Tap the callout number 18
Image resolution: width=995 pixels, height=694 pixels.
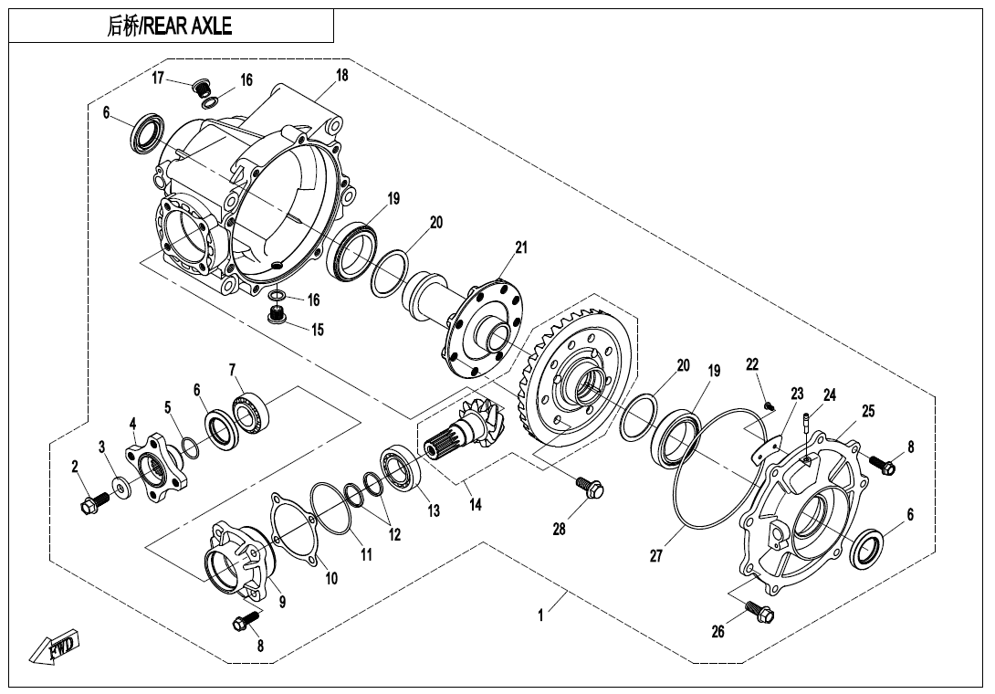(x=341, y=76)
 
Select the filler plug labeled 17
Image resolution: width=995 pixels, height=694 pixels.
(x=200, y=89)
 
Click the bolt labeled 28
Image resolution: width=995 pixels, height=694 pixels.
(x=592, y=489)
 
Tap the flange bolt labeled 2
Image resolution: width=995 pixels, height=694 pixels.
(x=94, y=501)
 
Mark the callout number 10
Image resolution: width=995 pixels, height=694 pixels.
(x=330, y=578)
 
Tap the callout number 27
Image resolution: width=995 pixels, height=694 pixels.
(x=655, y=555)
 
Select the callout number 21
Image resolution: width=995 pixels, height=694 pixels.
(x=520, y=247)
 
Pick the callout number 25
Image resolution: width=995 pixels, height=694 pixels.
(x=867, y=411)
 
